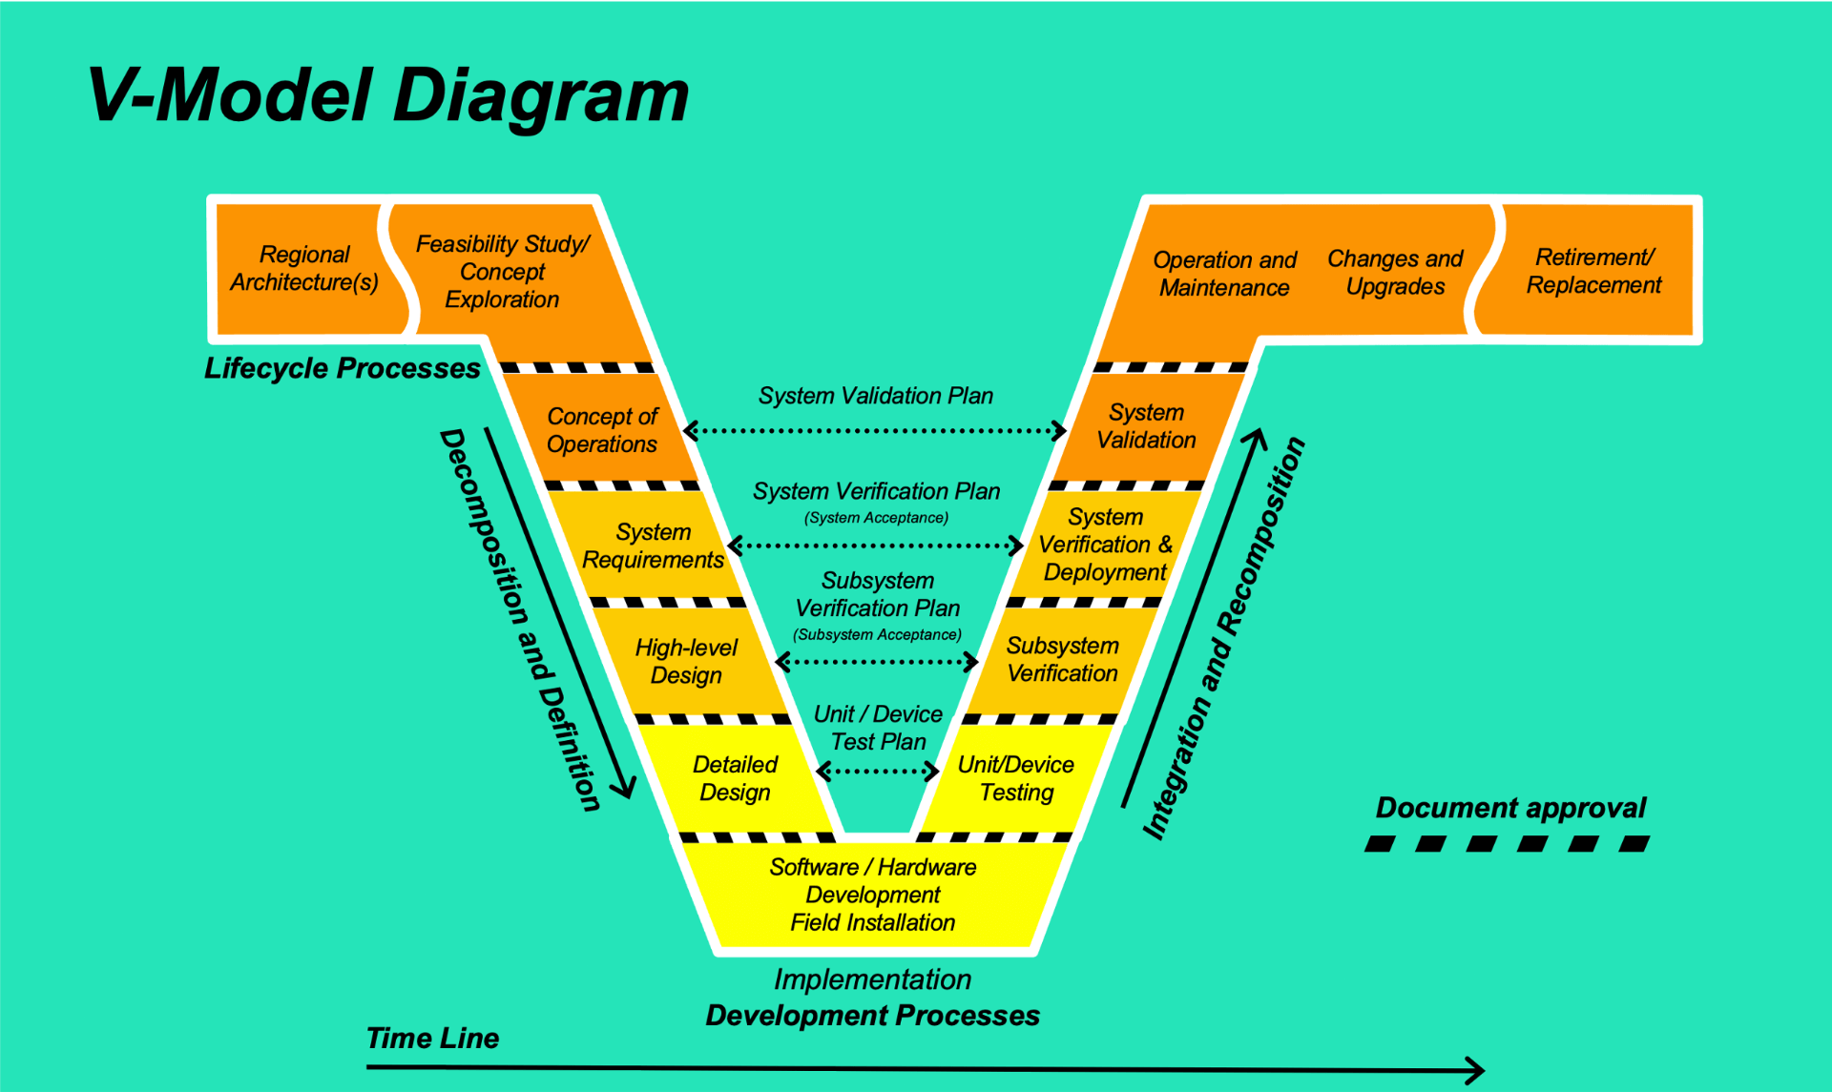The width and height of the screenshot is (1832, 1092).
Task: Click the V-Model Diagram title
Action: pyautogui.click(x=387, y=96)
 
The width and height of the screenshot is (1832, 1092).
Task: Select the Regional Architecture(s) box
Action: pyautogui.click(x=304, y=269)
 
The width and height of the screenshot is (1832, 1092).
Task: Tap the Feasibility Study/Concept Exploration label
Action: pyautogui.click(x=503, y=272)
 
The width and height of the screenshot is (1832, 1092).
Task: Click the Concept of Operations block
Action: pyautogui.click(x=602, y=430)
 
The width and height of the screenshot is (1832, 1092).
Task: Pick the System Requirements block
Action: pyautogui.click(x=654, y=546)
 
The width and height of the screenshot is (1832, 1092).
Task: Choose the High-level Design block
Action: pyautogui.click(x=686, y=661)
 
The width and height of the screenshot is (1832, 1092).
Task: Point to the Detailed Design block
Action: pyautogui.click(x=735, y=778)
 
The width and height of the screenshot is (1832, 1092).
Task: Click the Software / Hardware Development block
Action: pyautogui.click(x=873, y=895)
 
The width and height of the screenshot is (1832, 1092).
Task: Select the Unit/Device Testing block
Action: pyautogui.click(x=1016, y=778)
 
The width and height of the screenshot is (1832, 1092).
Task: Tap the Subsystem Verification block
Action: pyautogui.click(x=1062, y=660)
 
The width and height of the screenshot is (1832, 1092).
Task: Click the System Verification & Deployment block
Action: pyautogui.click(x=1105, y=545)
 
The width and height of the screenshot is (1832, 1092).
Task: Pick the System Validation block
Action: pyautogui.click(x=1146, y=426)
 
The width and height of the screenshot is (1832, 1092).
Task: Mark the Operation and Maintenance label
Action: pyautogui.click(x=1224, y=274)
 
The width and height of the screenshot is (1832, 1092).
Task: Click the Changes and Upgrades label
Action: pyautogui.click(x=1395, y=273)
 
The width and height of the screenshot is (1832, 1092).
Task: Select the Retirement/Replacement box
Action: pyautogui.click(x=1593, y=271)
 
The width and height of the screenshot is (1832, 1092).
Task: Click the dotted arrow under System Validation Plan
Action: pyautogui.click(x=875, y=431)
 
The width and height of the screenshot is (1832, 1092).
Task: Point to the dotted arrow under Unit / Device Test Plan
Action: pyautogui.click(x=878, y=771)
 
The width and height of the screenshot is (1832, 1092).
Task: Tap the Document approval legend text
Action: pyautogui.click(x=1510, y=809)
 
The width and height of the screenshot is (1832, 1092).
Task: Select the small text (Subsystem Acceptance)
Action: pyautogui.click(x=877, y=635)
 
